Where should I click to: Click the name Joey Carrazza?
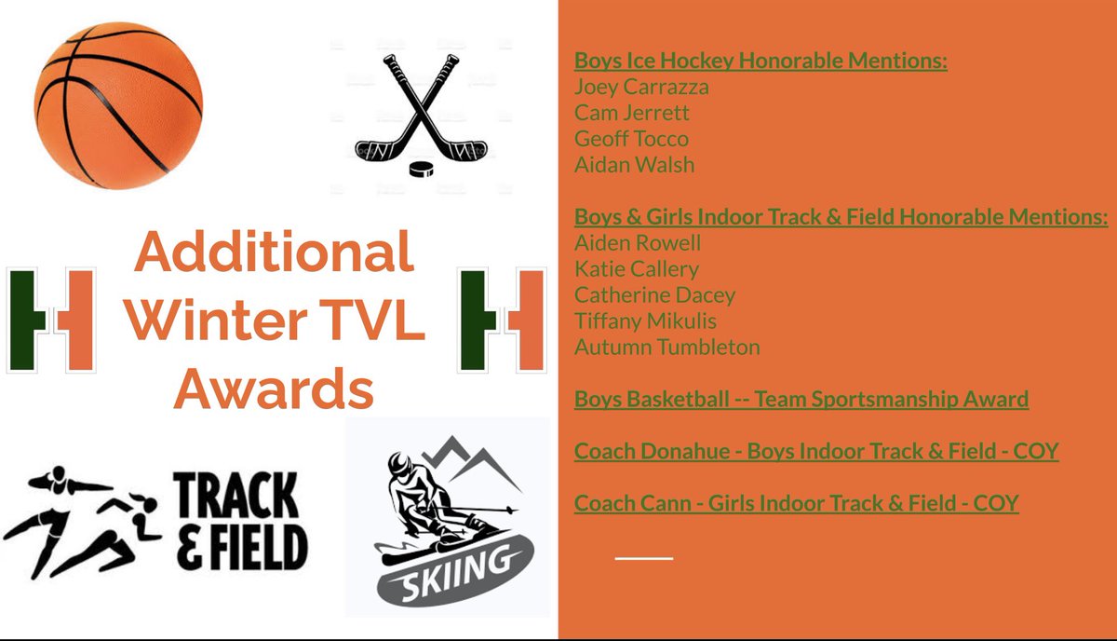641,88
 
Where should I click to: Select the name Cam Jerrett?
632,114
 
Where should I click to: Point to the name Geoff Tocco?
631,140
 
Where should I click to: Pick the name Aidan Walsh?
634,166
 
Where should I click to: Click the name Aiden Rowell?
638,243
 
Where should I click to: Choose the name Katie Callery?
637,269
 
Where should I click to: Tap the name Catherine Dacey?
654,295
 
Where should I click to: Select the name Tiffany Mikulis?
645,321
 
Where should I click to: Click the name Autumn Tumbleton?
666,348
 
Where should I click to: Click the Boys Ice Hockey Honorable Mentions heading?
760,61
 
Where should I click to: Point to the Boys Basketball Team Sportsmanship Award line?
801,400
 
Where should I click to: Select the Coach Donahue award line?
816,452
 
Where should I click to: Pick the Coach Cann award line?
796,504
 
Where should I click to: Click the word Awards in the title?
274,389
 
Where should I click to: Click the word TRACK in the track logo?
237,500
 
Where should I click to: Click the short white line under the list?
643,557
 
